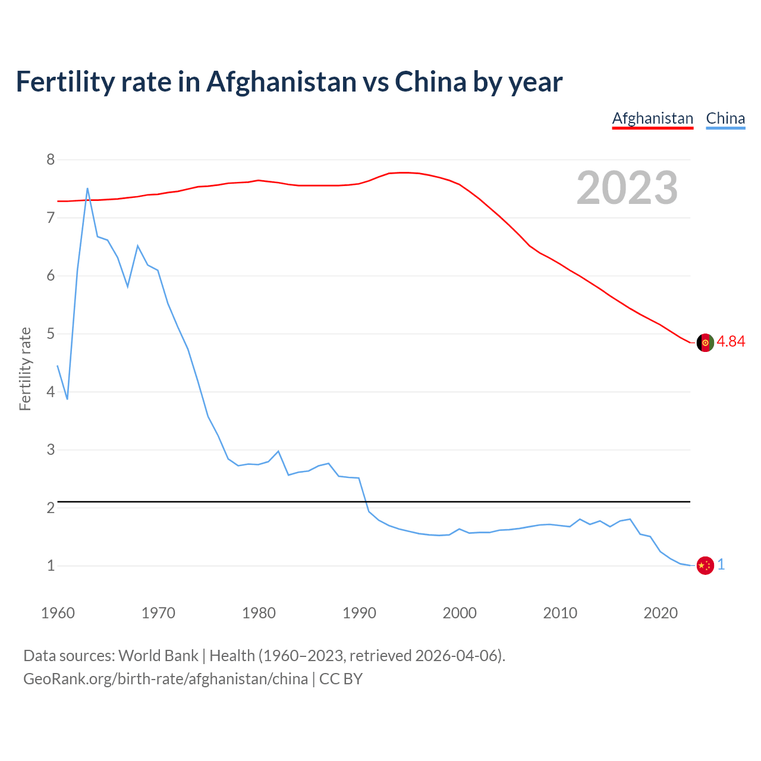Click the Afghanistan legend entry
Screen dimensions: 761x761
[652, 118]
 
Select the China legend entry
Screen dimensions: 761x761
[725, 118]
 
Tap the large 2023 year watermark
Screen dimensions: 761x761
[627, 188]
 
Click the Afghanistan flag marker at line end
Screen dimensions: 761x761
[705, 342]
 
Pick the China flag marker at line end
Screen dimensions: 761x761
[705, 565]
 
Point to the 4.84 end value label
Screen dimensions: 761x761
[731, 341]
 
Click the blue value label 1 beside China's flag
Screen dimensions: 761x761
[721, 565]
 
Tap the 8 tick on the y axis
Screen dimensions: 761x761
[51, 159]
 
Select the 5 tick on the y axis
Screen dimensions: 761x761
[51, 334]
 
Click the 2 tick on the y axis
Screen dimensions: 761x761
[51, 508]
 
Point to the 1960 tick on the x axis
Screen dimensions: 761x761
[58, 613]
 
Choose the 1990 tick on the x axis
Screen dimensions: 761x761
[359, 613]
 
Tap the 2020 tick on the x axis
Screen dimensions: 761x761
[661, 613]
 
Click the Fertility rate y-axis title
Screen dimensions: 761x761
[25, 369]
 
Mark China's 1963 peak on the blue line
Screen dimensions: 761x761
[87, 188]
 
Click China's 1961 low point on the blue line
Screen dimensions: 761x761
[67, 398]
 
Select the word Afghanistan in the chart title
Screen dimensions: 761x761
[281, 82]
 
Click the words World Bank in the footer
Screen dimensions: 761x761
[158, 655]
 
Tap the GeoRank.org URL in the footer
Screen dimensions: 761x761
[165, 679]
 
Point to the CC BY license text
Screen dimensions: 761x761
[341, 679]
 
